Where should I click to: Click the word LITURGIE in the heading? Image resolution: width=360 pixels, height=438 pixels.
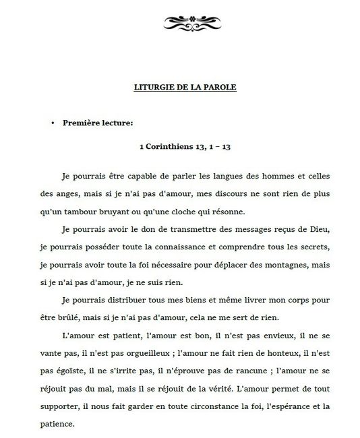pyautogui.click(x=146, y=87)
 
